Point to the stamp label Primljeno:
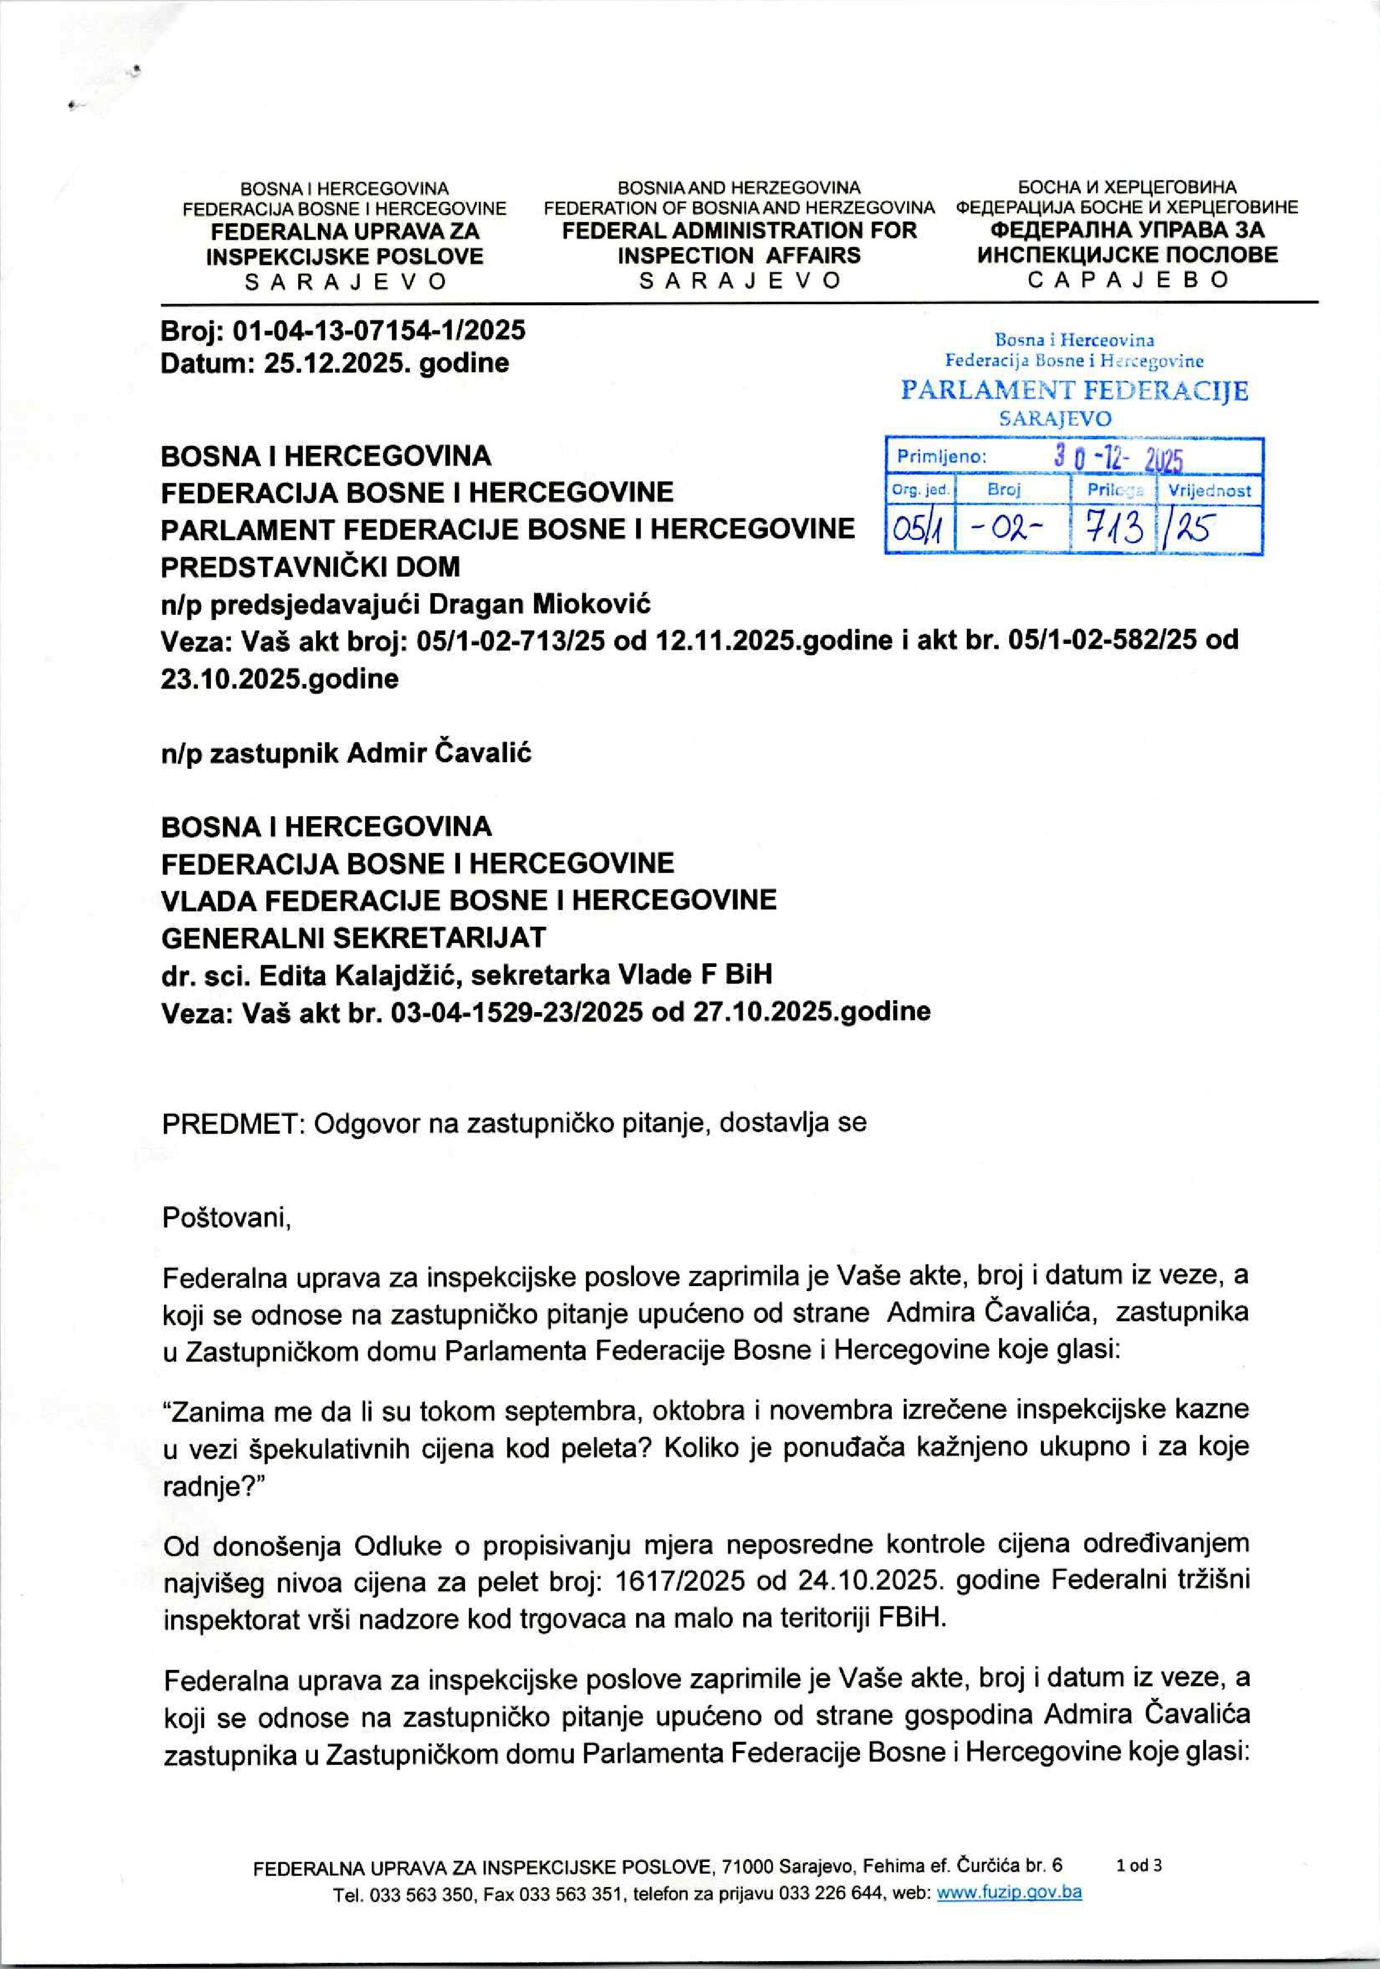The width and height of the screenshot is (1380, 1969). pyautogui.click(x=941, y=457)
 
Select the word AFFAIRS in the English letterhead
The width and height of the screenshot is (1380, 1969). pyautogui.click(x=814, y=256)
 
